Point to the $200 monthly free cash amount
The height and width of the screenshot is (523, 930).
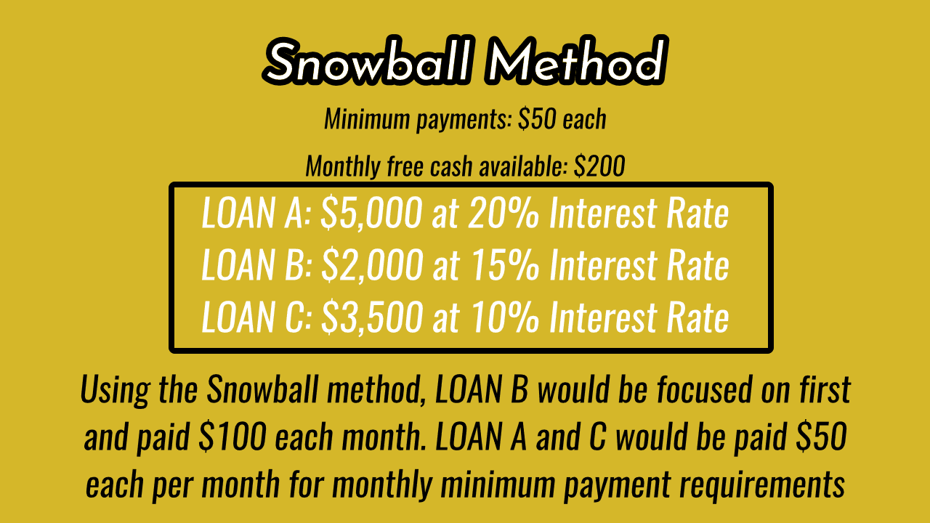coord(599,166)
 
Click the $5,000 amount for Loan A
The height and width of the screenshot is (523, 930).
coord(371,214)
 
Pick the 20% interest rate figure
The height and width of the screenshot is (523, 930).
coord(504,213)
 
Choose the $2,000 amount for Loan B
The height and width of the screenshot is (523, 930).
coord(372,266)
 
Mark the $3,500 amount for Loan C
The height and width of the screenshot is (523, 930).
coord(372,317)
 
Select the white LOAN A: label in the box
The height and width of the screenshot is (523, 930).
coord(256,213)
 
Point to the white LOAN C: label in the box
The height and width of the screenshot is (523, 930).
coord(256,317)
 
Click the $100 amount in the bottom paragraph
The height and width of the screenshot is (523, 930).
coord(232,437)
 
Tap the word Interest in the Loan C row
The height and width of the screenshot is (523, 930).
coord(603,317)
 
